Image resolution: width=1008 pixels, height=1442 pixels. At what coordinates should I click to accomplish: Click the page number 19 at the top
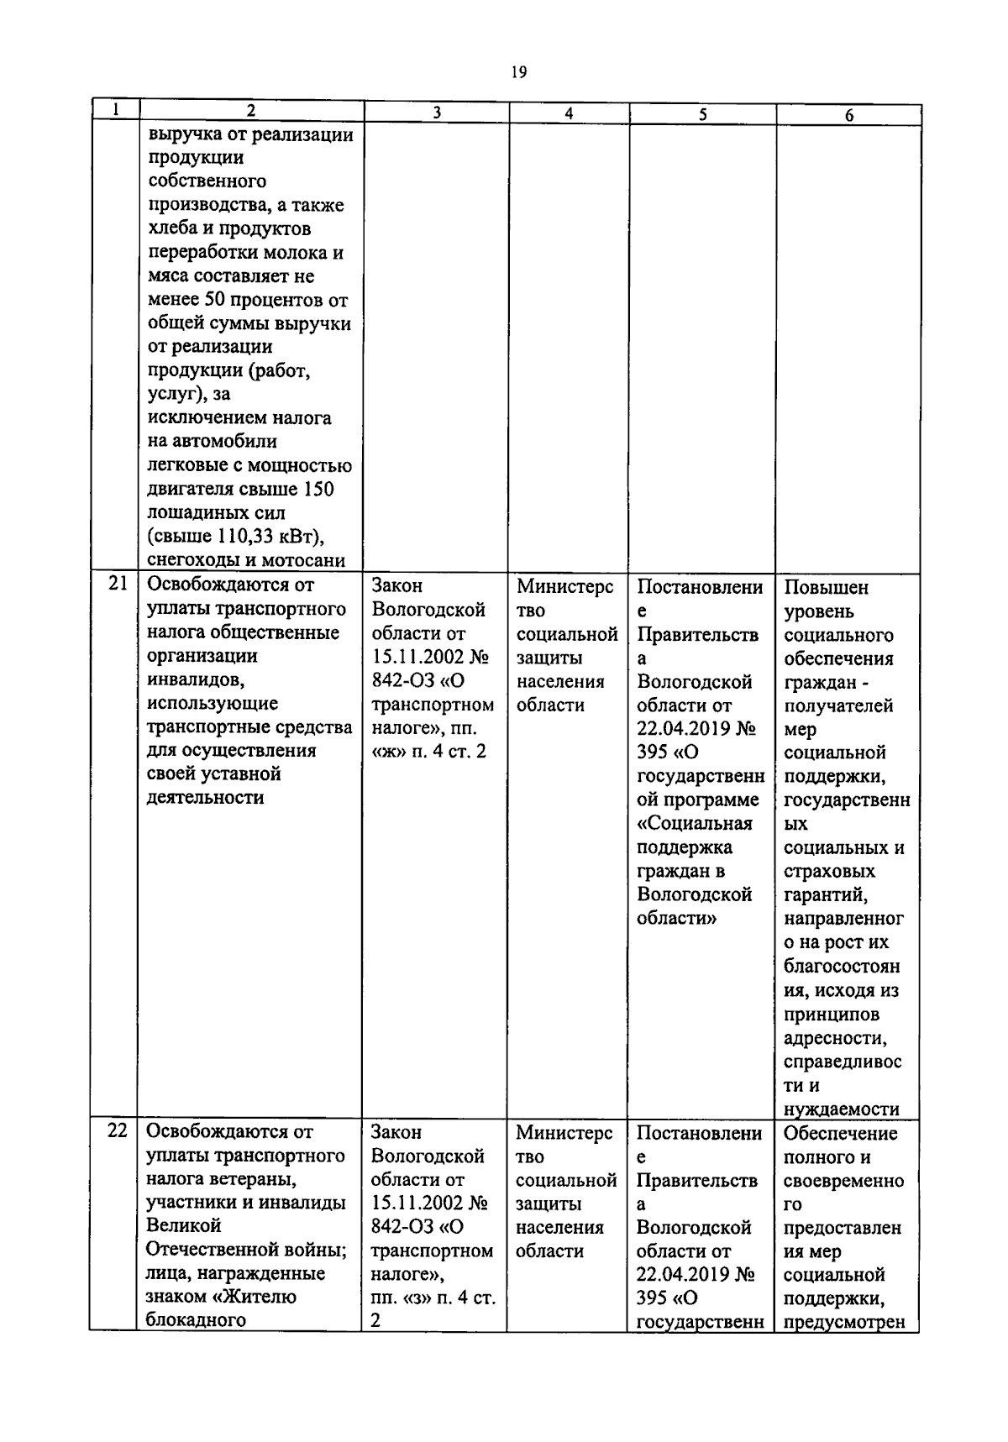518,73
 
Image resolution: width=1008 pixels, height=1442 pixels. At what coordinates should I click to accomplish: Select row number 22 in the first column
117,1130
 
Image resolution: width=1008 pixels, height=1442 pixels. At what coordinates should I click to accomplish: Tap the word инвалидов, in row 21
195,679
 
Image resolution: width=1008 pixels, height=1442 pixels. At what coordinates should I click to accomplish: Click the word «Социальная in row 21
694,823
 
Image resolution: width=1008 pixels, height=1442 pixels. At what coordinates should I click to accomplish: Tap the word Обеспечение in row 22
840,1134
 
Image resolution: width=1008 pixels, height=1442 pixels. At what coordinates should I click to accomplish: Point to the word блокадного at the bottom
195,1320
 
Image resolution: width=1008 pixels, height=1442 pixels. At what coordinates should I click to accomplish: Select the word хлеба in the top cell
172,228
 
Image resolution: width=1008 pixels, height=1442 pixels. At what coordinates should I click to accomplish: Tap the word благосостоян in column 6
841,967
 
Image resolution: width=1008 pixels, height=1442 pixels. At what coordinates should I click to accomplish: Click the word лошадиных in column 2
192,513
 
